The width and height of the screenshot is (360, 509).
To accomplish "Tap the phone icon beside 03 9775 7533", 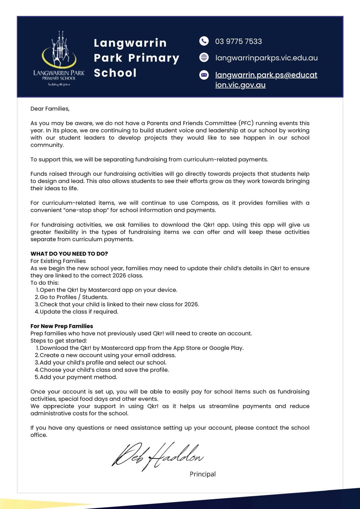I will tap(204, 41).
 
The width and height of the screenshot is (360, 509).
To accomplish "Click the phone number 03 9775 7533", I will tap(239, 41).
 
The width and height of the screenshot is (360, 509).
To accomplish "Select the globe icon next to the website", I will tap(204, 58).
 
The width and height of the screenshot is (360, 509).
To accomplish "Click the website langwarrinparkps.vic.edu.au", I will tap(266, 58).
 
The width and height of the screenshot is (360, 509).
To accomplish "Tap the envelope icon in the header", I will tap(204, 75).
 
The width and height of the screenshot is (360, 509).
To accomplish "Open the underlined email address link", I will tap(266, 80).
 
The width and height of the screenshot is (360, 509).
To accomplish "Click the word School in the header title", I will tap(115, 73).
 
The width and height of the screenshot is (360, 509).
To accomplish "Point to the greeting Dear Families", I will tap(50, 109).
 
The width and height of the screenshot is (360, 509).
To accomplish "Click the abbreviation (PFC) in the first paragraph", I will tap(246, 123).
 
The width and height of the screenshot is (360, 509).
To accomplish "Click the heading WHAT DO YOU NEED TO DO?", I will tap(69, 254).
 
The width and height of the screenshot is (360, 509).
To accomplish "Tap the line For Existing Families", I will tap(58, 261).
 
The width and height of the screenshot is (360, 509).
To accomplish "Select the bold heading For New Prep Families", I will tap(62, 326).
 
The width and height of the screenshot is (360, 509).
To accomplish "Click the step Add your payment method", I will tap(78, 377).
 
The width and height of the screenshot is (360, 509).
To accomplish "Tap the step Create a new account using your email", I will tap(107, 355).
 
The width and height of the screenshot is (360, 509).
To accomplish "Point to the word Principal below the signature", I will tap(203, 474).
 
